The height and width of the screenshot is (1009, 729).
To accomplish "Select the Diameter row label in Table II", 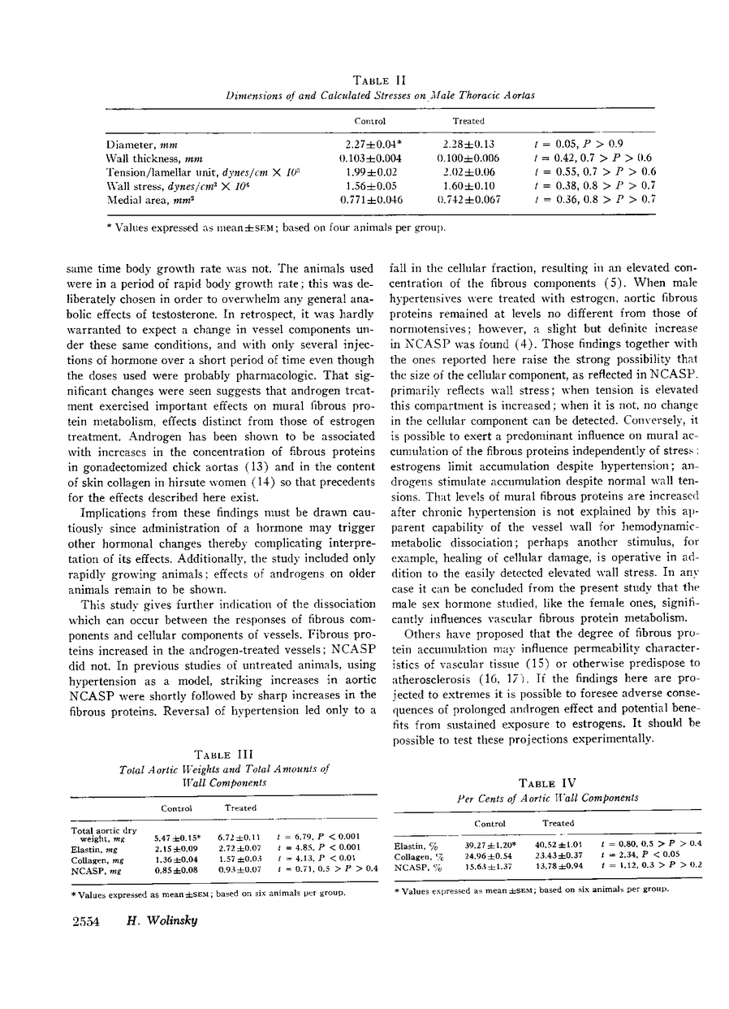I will (x=138, y=143).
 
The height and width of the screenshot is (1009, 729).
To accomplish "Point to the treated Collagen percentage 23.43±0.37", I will (x=559, y=856).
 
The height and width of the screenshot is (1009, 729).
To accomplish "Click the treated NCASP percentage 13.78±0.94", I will (x=559, y=868).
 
